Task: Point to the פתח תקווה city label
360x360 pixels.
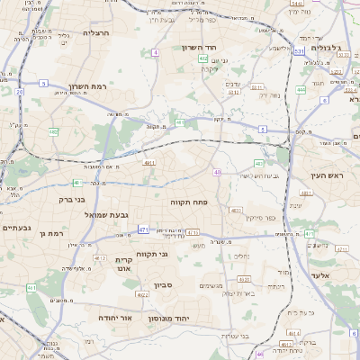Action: coord(190,203)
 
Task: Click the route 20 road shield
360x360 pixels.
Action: coord(19,91)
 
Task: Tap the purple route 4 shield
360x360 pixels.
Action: coord(155,53)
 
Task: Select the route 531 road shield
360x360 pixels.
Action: coord(298,52)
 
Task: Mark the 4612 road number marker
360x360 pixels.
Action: coord(285,344)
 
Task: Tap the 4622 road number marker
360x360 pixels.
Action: coord(142,294)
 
